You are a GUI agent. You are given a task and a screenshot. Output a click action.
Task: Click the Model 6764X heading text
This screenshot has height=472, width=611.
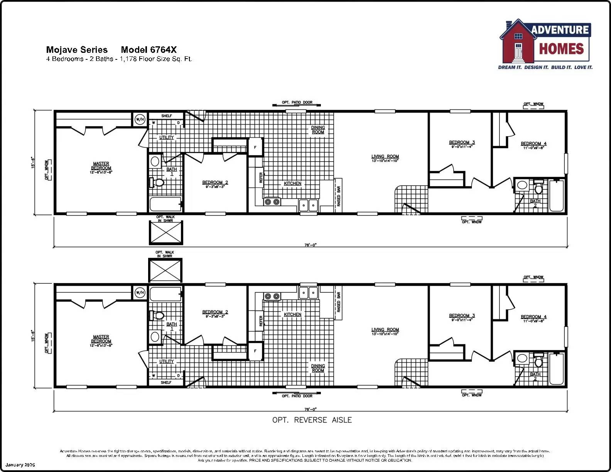click(x=149, y=50)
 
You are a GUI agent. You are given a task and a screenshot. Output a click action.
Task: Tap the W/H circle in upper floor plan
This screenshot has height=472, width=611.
click(x=140, y=120)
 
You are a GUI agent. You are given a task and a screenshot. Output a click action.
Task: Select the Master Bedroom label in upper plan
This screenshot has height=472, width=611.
click(x=101, y=166)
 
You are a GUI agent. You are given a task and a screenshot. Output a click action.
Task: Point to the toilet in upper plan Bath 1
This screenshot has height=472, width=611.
click(x=157, y=182)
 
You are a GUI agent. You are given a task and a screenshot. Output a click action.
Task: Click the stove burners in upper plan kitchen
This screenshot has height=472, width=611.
click(x=272, y=202)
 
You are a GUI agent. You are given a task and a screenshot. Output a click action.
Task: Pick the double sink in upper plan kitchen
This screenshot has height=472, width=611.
click(x=309, y=205)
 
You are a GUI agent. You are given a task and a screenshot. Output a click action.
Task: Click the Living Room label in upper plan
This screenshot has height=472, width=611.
click(x=385, y=157)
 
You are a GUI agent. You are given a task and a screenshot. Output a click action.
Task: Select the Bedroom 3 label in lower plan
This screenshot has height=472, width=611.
click(x=462, y=315)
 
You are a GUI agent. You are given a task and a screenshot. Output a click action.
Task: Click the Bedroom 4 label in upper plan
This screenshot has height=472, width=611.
click(x=533, y=143)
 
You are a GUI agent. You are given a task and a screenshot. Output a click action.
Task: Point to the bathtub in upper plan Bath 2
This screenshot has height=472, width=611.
click(x=556, y=196)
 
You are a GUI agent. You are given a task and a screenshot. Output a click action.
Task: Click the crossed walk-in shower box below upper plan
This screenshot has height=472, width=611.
click(x=166, y=233)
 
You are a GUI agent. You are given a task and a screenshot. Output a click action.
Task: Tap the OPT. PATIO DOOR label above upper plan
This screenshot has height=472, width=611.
click(x=297, y=103)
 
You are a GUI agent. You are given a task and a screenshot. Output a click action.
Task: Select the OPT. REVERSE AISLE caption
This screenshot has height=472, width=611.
click(x=312, y=420)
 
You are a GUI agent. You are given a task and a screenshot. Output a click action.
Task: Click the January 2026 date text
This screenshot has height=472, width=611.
click(x=20, y=465)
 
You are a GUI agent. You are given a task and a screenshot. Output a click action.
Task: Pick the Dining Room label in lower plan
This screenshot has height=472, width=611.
click(x=318, y=368)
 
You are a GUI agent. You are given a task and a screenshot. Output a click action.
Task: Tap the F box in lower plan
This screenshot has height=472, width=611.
click(x=255, y=351)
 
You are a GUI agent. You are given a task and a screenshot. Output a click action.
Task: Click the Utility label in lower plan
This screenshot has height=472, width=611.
click(x=166, y=361)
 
